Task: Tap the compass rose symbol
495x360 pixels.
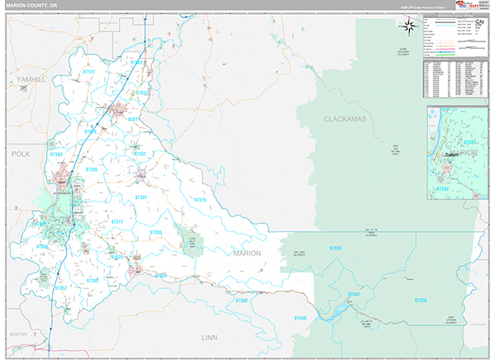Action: (408, 26)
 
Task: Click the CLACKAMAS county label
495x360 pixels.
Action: (344, 119)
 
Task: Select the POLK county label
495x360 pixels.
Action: (20, 154)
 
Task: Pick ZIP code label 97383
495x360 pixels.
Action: (57, 154)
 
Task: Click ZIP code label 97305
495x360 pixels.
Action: (91, 169)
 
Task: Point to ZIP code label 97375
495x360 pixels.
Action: (200, 200)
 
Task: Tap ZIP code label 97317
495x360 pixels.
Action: (117, 221)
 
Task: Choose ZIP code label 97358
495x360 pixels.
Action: (336, 248)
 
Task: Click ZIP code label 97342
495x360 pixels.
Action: (354, 295)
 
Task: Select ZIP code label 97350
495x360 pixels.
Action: (421, 301)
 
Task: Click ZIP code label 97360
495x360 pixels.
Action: (242, 301)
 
